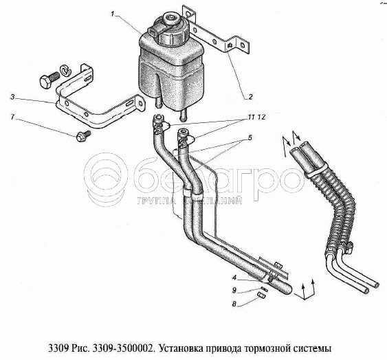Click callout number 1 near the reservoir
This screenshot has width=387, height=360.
click(x=113, y=14)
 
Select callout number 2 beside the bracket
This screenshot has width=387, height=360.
click(x=251, y=97)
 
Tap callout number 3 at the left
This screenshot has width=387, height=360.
click(x=12, y=97)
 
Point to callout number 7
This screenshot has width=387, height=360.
click(x=12, y=117)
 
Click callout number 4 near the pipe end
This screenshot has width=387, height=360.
click(x=234, y=278)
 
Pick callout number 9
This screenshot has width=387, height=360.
click(x=234, y=291)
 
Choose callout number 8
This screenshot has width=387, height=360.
click(x=234, y=304)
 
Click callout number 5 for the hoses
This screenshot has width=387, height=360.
click(x=250, y=137)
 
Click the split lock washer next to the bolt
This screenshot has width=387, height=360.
click(x=65, y=70)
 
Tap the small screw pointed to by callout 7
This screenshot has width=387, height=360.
click(x=83, y=136)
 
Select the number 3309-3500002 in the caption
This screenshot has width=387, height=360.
click(x=122, y=348)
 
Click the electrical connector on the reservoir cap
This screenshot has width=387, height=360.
click(x=154, y=32)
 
